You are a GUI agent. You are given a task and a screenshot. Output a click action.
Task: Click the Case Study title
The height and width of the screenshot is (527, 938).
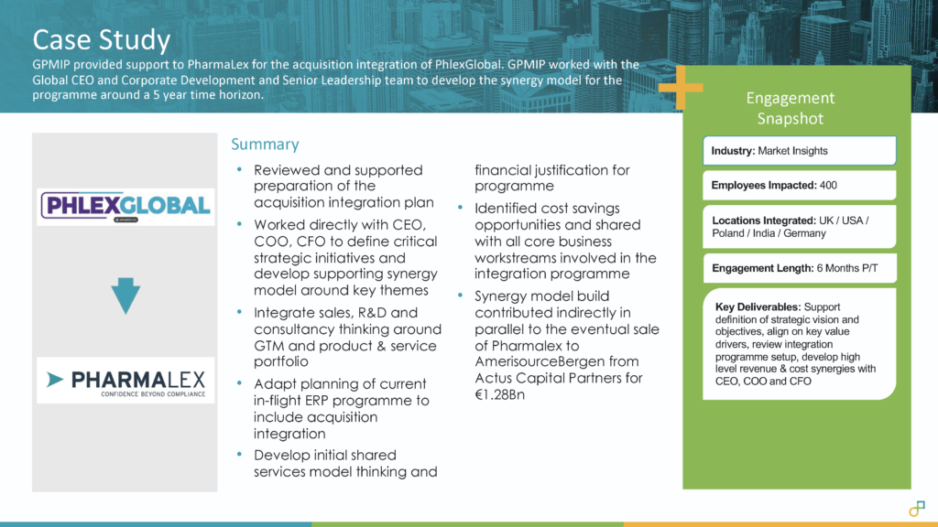(101, 39)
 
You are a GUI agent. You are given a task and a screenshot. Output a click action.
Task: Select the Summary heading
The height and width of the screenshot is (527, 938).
(265, 145)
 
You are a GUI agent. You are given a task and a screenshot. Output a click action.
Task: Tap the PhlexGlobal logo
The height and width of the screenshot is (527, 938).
(125, 206)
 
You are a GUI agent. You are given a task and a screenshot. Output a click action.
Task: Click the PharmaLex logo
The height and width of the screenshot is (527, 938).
(125, 380)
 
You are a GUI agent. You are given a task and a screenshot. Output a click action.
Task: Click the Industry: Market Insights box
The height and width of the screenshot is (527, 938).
(799, 151)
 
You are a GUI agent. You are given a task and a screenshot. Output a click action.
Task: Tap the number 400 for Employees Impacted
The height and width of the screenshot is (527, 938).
(828, 186)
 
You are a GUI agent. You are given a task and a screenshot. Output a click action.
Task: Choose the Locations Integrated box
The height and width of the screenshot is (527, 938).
(799, 227)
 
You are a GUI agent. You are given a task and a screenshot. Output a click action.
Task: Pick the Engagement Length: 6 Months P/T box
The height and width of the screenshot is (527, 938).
(799, 268)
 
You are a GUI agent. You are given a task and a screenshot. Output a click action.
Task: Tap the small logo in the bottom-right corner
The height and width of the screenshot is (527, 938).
(916, 508)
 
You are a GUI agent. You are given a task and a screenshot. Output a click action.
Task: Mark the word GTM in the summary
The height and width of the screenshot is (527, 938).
(269, 347)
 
